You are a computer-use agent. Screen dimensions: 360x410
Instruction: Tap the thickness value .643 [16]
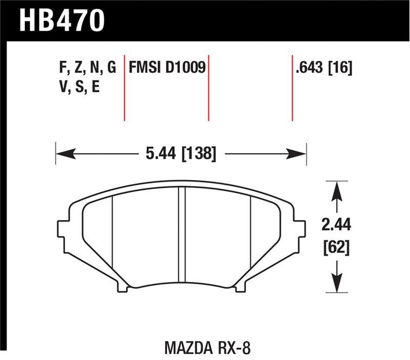tap(323, 68)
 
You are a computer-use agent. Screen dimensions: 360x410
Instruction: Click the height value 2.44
tap(336, 225)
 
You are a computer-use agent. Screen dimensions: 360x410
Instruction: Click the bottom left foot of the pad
tap(122, 287)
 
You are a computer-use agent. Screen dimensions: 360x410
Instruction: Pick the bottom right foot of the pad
tap(239, 287)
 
